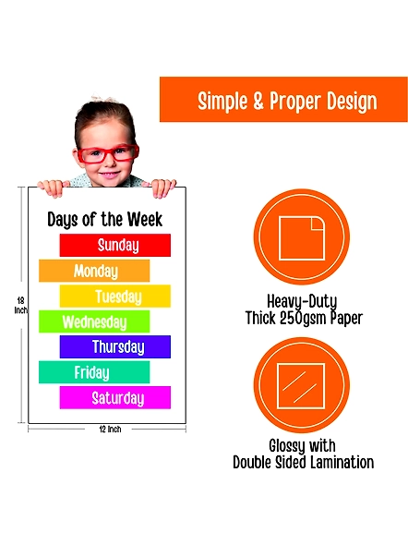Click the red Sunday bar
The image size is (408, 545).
point(115,245)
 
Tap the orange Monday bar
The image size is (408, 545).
point(94,271)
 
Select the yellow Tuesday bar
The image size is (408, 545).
point(115,297)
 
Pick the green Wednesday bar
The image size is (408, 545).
point(94,321)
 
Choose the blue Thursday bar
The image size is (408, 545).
point(115,347)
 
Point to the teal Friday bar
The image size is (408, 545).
point(94,372)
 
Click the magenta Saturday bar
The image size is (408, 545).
point(115,397)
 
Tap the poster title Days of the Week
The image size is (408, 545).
point(104,220)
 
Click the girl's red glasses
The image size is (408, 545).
point(108,153)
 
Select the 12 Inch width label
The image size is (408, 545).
point(110,430)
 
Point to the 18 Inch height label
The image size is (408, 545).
point(21,305)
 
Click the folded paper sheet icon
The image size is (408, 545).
point(302,238)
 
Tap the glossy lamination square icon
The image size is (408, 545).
point(301,386)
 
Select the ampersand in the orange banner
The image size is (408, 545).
point(258,101)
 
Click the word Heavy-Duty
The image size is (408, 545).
point(302,302)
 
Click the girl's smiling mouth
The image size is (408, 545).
point(111,174)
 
